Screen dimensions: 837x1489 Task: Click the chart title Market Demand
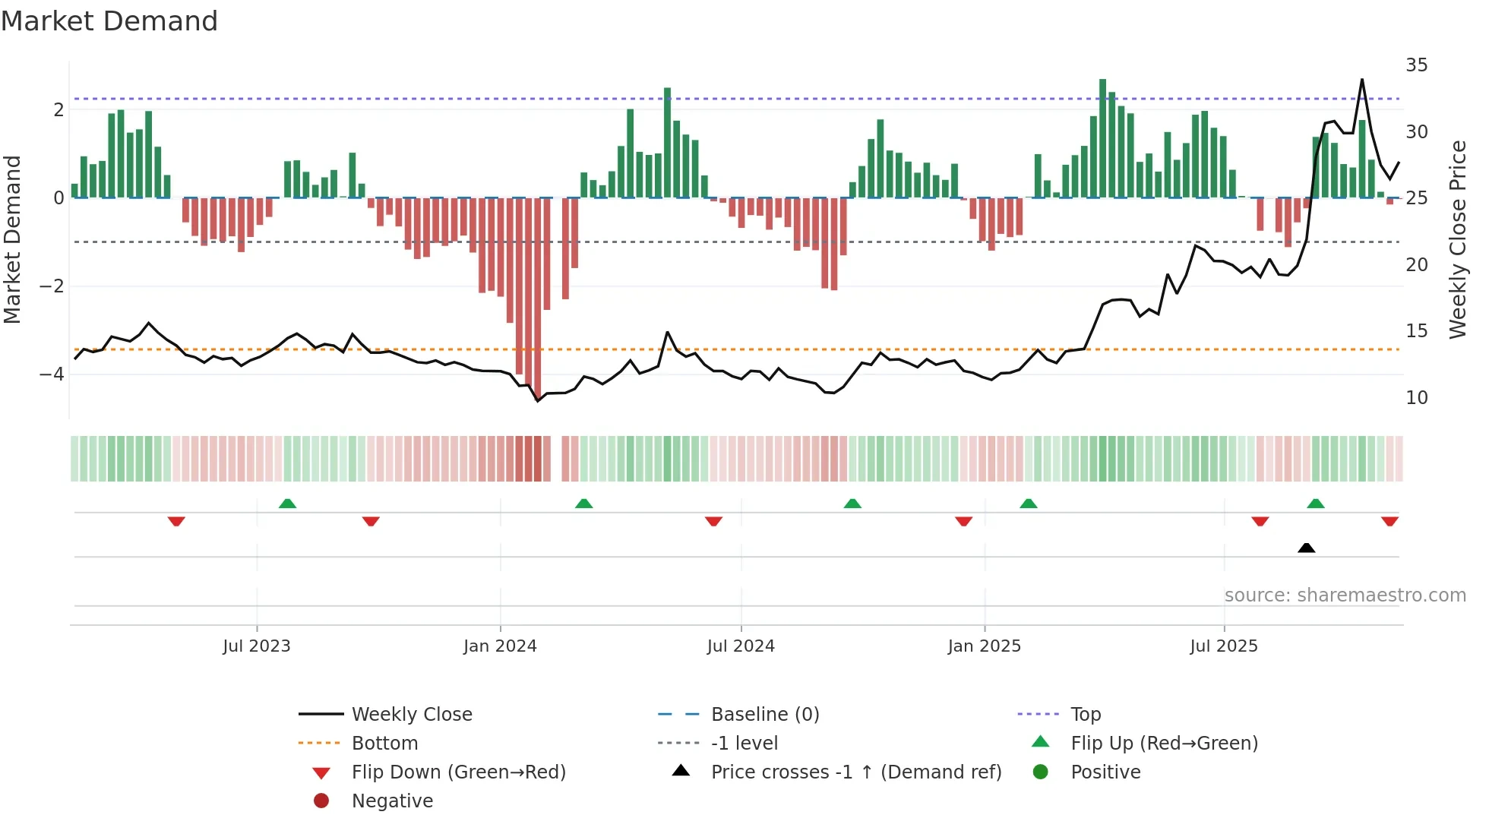pos(109,21)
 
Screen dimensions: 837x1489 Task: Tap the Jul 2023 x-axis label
pos(256,646)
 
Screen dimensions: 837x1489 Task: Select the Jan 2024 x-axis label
pos(500,646)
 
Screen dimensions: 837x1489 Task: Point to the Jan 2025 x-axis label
pos(984,646)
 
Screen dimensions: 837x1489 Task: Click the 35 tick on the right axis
pos(1416,65)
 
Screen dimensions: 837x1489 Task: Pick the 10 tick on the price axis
pos(1416,398)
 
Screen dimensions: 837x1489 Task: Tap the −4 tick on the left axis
pos(52,374)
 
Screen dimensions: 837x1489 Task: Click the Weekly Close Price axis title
pos(1457,239)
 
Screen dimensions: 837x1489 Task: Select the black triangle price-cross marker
pos(1306,548)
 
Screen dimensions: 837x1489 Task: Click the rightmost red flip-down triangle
pos(1389,522)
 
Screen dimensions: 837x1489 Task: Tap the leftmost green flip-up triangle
pos(287,504)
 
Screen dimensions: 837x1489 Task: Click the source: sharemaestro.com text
pos(1345,595)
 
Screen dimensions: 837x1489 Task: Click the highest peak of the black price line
pos(1361,80)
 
